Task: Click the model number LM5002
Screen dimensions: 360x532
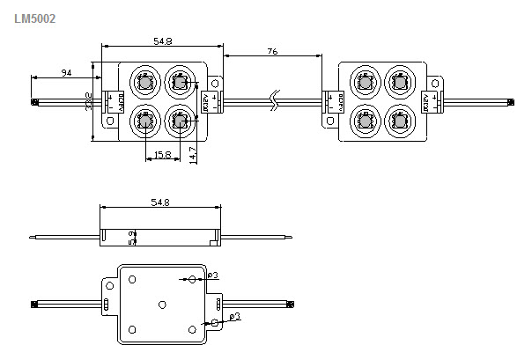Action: [x=35, y=17]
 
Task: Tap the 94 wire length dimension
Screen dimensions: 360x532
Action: [x=66, y=71]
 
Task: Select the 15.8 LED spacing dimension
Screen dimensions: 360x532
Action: [x=162, y=155]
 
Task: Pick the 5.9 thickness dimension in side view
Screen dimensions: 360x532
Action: [x=130, y=238]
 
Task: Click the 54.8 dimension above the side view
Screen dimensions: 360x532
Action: [x=159, y=202]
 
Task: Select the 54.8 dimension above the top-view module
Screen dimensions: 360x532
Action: [x=162, y=40]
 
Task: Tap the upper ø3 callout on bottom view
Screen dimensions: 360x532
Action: [x=213, y=276]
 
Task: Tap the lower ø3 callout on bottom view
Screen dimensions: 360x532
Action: [x=234, y=315]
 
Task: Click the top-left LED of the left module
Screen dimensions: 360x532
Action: [x=144, y=84]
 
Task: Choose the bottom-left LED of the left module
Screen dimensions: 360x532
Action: [x=144, y=120]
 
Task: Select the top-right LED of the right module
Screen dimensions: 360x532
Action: [x=402, y=84]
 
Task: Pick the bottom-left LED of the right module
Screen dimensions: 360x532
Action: [x=365, y=120]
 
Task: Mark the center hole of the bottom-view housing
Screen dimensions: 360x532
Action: [x=162, y=304]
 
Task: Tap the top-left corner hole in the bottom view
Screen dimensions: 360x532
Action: [x=132, y=280]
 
